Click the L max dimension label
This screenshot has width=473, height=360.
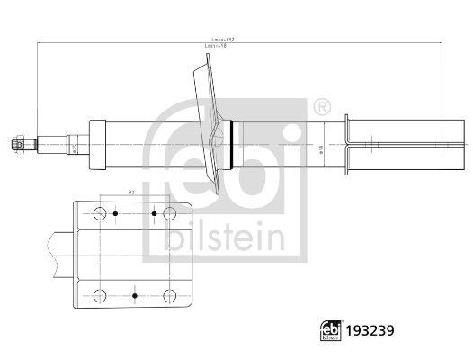(221, 40)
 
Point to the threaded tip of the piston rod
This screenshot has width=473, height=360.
(17, 142)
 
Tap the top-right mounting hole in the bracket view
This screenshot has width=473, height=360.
(168, 213)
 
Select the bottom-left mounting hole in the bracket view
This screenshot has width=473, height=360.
(99, 294)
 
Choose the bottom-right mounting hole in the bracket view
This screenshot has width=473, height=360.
(168, 294)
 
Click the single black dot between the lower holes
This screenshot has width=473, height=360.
(134, 294)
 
